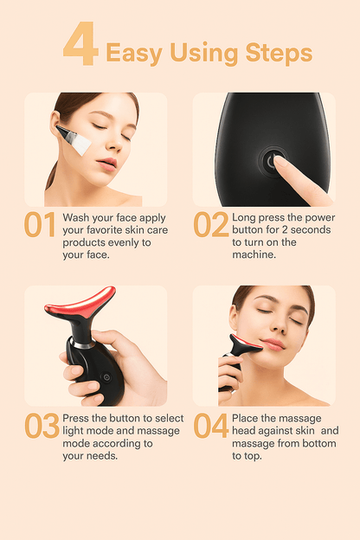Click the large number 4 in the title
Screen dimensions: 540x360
tap(80, 49)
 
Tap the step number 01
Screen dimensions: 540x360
tap(40, 225)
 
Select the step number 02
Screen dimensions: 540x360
tap(210, 225)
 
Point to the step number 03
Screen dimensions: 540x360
tap(42, 427)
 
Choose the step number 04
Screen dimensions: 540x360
tap(211, 427)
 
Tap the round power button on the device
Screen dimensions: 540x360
tap(272, 160)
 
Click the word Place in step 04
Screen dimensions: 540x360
tap(249, 418)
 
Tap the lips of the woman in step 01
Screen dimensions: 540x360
tap(107, 162)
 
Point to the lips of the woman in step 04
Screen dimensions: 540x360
tap(273, 344)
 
